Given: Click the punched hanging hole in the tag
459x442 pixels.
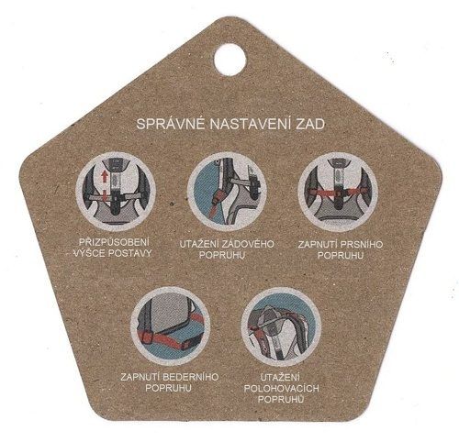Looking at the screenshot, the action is [229, 60].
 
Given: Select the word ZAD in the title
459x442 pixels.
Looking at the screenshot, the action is [310, 125].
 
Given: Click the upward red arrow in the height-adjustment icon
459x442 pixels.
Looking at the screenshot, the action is [105, 177].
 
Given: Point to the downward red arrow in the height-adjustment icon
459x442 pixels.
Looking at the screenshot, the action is [105, 195].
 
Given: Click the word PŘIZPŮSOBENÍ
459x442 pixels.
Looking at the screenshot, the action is [114, 242].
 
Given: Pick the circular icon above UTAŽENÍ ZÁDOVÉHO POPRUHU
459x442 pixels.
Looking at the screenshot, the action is [227, 192].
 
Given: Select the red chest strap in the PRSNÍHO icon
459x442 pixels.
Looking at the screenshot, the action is [337, 193].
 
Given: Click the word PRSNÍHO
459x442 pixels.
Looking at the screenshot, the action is [361, 245].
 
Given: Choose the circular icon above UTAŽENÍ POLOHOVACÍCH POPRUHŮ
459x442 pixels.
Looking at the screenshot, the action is [281, 327].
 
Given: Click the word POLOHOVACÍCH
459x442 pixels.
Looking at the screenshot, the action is [281, 389].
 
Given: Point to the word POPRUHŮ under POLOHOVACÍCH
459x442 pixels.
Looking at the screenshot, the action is [281, 399].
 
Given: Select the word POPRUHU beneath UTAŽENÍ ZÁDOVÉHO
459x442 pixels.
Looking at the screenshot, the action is [222, 255].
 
